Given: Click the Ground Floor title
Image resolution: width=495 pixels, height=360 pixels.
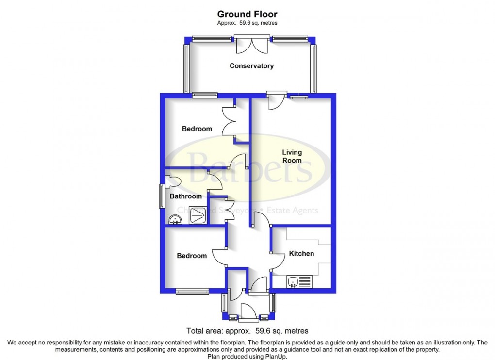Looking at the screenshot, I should tap(247, 14).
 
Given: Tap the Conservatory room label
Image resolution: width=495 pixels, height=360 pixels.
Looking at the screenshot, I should tap(251, 66).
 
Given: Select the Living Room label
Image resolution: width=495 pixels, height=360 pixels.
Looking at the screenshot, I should tap(292, 156).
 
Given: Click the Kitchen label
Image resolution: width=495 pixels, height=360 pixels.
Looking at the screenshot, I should tap(301, 253).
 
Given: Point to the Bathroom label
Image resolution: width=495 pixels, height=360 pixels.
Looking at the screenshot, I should tap(185, 196).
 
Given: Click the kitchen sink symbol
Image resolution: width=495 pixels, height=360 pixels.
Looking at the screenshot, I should tap(298, 281).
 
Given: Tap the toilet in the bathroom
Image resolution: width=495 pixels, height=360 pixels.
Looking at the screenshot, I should tap(172, 181).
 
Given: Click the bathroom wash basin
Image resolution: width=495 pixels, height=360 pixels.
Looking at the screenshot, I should tap(174, 220).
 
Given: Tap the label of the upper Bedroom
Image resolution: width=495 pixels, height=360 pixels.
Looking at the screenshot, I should tap(197, 129).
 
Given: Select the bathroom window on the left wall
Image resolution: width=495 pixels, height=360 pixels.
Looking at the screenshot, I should tap(162, 196).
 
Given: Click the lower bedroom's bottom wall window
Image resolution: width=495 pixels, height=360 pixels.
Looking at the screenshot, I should tap(192, 291).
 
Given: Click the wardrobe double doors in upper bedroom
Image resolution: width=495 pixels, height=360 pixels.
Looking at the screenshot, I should tap(229, 122).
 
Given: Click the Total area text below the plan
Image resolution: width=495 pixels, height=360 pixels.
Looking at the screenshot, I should tap(247, 331).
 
